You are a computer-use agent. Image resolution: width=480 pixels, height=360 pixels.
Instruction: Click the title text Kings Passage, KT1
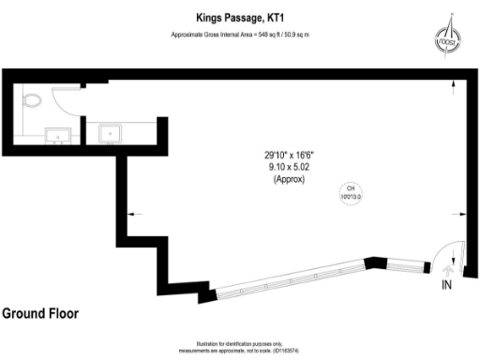[x=239, y=17]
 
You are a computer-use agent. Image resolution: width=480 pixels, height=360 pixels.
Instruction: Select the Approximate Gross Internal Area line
[x=240, y=34]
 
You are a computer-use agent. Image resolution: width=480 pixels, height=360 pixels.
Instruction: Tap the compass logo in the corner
[x=448, y=37]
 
